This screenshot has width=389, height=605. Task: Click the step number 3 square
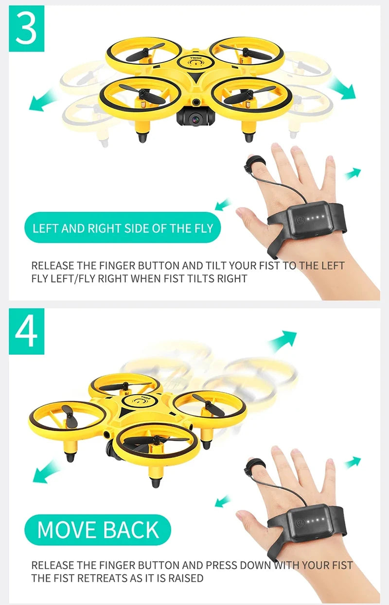(x=26, y=28)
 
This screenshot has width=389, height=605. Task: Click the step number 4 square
(x=26, y=331)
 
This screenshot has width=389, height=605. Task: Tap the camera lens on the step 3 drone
(x=194, y=119)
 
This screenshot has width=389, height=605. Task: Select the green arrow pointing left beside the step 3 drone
(x=43, y=101)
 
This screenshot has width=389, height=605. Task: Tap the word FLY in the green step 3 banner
(x=204, y=228)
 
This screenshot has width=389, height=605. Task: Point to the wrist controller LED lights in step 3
(x=314, y=217)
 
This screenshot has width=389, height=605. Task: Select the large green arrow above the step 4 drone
(x=282, y=341)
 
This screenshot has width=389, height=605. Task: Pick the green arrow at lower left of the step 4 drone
(x=47, y=471)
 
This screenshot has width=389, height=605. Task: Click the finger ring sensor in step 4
(x=255, y=465)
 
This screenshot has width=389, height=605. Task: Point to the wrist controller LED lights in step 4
(x=314, y=520)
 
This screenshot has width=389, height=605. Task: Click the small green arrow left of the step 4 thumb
(x=223, y=501)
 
